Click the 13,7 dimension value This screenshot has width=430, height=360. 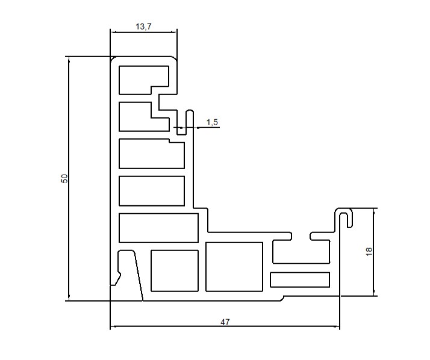143,26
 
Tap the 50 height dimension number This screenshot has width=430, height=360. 64,179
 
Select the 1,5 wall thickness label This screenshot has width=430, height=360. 212,122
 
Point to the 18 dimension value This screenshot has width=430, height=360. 369,252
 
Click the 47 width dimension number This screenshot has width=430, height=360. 225,322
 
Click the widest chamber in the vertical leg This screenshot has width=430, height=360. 158,228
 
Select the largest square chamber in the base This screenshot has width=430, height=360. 234,267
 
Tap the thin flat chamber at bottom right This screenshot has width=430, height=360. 300,280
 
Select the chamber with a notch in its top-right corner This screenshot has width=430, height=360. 152,155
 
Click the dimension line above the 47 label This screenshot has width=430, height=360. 225,326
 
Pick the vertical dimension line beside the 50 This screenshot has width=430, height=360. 69,179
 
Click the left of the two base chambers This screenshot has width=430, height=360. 175,271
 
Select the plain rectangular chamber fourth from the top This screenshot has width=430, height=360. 152,191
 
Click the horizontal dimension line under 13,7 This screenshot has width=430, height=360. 144,32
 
